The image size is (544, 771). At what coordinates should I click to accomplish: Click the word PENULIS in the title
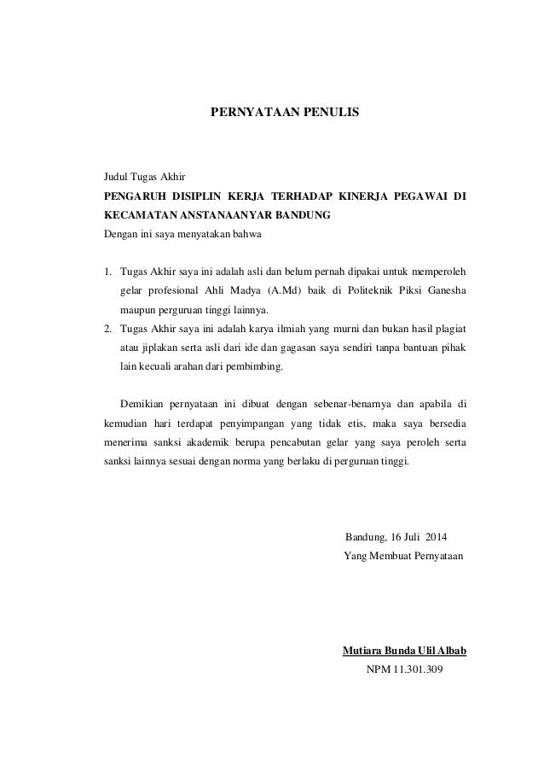pos(327,112)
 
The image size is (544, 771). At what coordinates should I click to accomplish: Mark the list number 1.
pos(107,272)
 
